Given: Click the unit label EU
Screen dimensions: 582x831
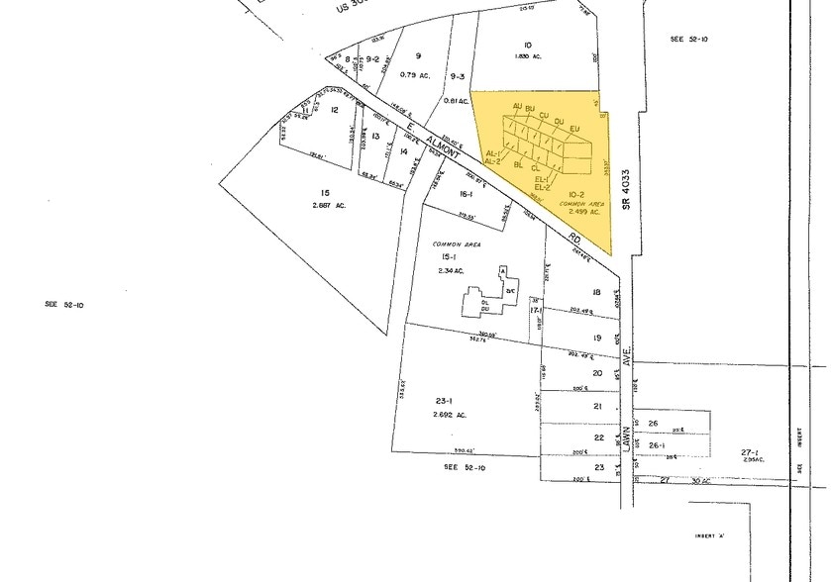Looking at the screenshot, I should coord(574,127).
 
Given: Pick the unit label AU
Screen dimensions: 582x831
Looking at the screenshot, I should coord(517,106).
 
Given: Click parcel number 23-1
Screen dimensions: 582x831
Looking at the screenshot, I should coord(443,401).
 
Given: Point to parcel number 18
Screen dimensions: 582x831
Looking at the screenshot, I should coord(597,292).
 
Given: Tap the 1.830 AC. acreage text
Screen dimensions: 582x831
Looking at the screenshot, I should coord(532,57).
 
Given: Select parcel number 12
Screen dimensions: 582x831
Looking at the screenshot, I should coord(335,110).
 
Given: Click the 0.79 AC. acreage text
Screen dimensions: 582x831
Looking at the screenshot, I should coord(419,74).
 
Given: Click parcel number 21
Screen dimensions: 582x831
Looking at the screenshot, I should coord(598,407).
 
